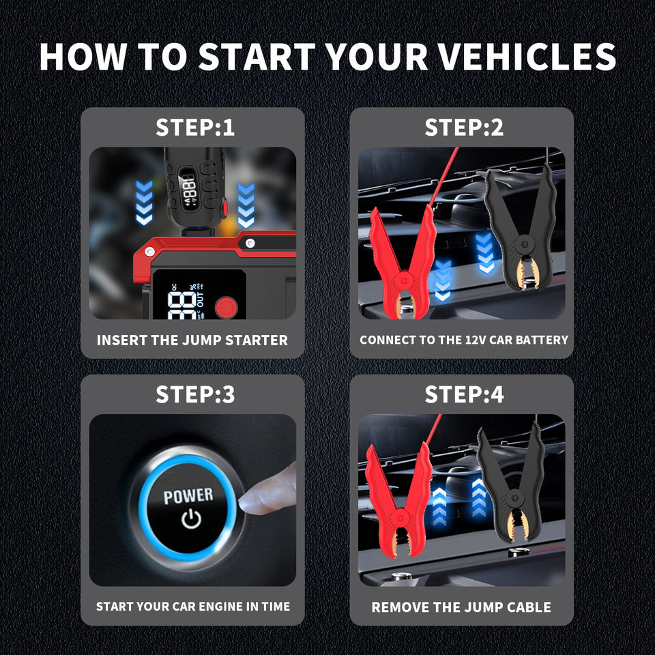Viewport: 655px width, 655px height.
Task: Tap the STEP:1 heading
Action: click(195, 128)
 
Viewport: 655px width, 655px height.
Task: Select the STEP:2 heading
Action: click(464, 128)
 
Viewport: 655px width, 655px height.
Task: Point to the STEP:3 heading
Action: click(195, 394)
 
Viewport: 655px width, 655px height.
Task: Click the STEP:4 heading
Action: click(464, 394)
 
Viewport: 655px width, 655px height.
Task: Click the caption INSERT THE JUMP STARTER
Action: click(192, 340)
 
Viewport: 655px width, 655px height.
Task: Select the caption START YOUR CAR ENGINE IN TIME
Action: click(193, 607)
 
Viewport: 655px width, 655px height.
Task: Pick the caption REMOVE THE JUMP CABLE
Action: click(461, 607)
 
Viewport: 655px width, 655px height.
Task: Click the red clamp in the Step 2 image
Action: click(403, 267)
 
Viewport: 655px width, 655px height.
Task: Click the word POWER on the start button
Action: click(188, 496)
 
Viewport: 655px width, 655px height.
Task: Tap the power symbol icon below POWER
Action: click(192, 519)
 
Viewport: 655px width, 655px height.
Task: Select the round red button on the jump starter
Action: click(227, 308)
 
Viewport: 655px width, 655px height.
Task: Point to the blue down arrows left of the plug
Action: click(144, 202)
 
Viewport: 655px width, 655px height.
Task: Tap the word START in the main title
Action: click(257, 57)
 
